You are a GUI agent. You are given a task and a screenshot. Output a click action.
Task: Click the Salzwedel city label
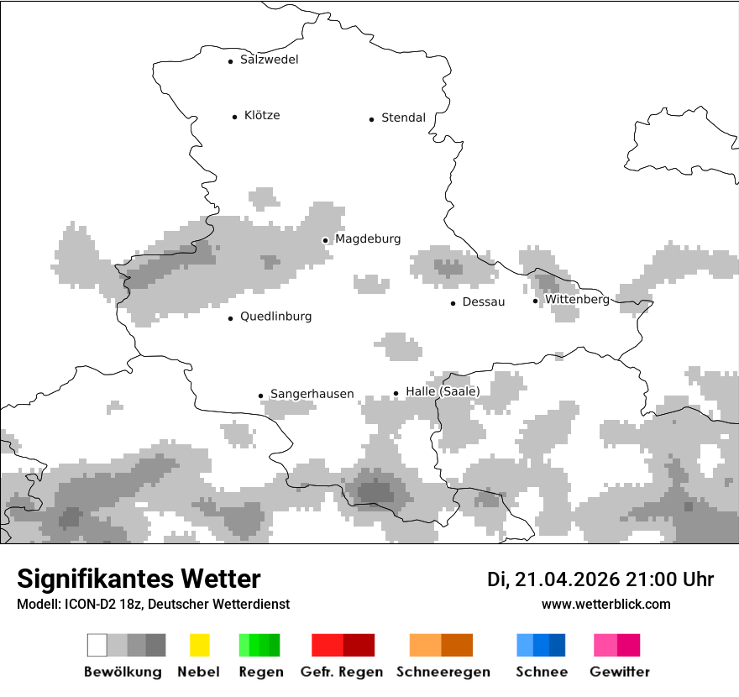point(269,60)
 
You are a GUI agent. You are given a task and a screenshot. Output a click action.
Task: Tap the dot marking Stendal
point(371,119)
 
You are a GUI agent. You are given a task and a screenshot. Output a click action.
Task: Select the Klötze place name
point(262,115)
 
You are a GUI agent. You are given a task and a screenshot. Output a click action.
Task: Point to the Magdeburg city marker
point(325,240)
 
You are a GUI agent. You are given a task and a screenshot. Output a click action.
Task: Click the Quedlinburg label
point(275,317)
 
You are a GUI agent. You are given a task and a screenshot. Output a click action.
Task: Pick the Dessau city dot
point(453,303)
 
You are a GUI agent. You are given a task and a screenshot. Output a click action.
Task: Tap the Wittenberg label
point(577,299)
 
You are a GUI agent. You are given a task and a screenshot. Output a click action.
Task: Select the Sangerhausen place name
point(312,394)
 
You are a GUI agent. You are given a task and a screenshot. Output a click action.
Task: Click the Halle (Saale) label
point(443,391)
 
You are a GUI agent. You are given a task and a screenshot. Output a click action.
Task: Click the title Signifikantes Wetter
point(139,579)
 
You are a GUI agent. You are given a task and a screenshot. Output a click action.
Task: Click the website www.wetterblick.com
point(605,604)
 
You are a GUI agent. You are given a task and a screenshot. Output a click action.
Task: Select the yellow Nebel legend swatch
point(199,645)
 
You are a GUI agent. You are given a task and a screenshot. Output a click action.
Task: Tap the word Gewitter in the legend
point(619,672)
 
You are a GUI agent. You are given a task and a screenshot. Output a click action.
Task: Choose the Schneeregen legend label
point(443,672)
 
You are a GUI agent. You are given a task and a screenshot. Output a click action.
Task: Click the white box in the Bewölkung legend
point(97,645)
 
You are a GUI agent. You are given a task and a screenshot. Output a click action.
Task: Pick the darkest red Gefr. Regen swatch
point(359,645)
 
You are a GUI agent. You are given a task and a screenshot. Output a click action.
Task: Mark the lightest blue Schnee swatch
point(525,645)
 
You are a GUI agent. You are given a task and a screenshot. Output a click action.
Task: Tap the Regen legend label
point(260,672)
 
